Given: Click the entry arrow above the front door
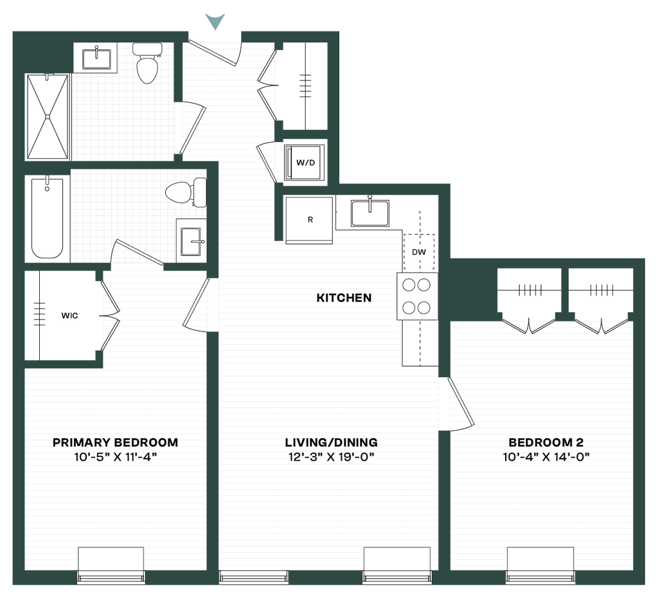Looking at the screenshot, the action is pyautogui.click(x=215, y=21).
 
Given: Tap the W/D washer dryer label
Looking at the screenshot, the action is pyautogui.click(x=305, y=163).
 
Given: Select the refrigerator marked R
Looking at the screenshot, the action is pyautogui.click(x=310, y=220).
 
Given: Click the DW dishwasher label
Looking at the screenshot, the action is pyautogui.click(x=419, y=252).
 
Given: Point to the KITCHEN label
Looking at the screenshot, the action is pyautogui.click(x=344, y=298).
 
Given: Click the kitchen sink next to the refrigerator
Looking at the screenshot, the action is pyautogui.click(x=369, y=212).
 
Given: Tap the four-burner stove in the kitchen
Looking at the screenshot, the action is pyautogui.click(x=417, y=296).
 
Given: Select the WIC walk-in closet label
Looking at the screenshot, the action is pyautogui.click(x=69, y=316).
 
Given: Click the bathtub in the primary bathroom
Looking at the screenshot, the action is pyautogui.click(x=48, y=217).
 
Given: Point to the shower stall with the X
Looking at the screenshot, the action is pyautogui.click(x=48, y=117).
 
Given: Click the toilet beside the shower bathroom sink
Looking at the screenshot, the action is pyautogui.click(x=147, y=62).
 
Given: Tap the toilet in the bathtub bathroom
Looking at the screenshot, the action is pyautogui.click(x=186, y=193).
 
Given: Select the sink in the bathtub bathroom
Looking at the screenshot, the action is pyautogui.click(x=191, y=242).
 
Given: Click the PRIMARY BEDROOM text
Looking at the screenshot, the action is pyautogui.click(x=115, y=442).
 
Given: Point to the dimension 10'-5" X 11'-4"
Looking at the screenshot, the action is pyautogui.click(x=115, y=457).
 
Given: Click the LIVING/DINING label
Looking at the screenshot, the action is pyautogui.click(x=331, y=442).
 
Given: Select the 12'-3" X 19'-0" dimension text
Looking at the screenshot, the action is pyautogui.click(x=331, y=457).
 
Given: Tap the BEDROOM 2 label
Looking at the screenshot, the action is pyautogui.click(x=546, y=442).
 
